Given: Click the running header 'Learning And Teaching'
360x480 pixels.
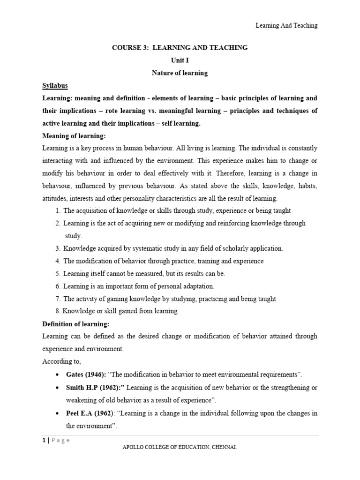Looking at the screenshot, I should pyautogui.click(x=286, y=26).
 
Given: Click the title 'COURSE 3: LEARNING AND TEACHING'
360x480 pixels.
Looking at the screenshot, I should pyautogui.click(x=180, y=48).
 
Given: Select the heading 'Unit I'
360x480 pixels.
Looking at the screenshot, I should pyautogui.click(x=180, y=60).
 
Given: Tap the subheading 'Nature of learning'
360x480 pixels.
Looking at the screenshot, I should pyautogui.click(x=180, y=73).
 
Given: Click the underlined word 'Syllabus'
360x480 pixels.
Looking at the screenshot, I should pyautogui.click(x=55, y=86).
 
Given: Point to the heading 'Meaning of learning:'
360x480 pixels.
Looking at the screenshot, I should pyautogui.click(x=75, y=136).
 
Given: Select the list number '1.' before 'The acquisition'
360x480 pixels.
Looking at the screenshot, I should pyautogui.click(x=58, y=211).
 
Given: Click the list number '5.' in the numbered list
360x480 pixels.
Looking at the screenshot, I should pyautogui.click(x=58, y=274).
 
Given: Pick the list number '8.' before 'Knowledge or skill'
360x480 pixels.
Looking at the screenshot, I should pyautogui.click(x=58, y=311).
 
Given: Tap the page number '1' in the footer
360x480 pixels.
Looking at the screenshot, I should pyautogui.click(x=44, y=440).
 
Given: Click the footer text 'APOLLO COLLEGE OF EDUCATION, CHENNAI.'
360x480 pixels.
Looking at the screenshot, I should pyautogui.click(x=180, y=448).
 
